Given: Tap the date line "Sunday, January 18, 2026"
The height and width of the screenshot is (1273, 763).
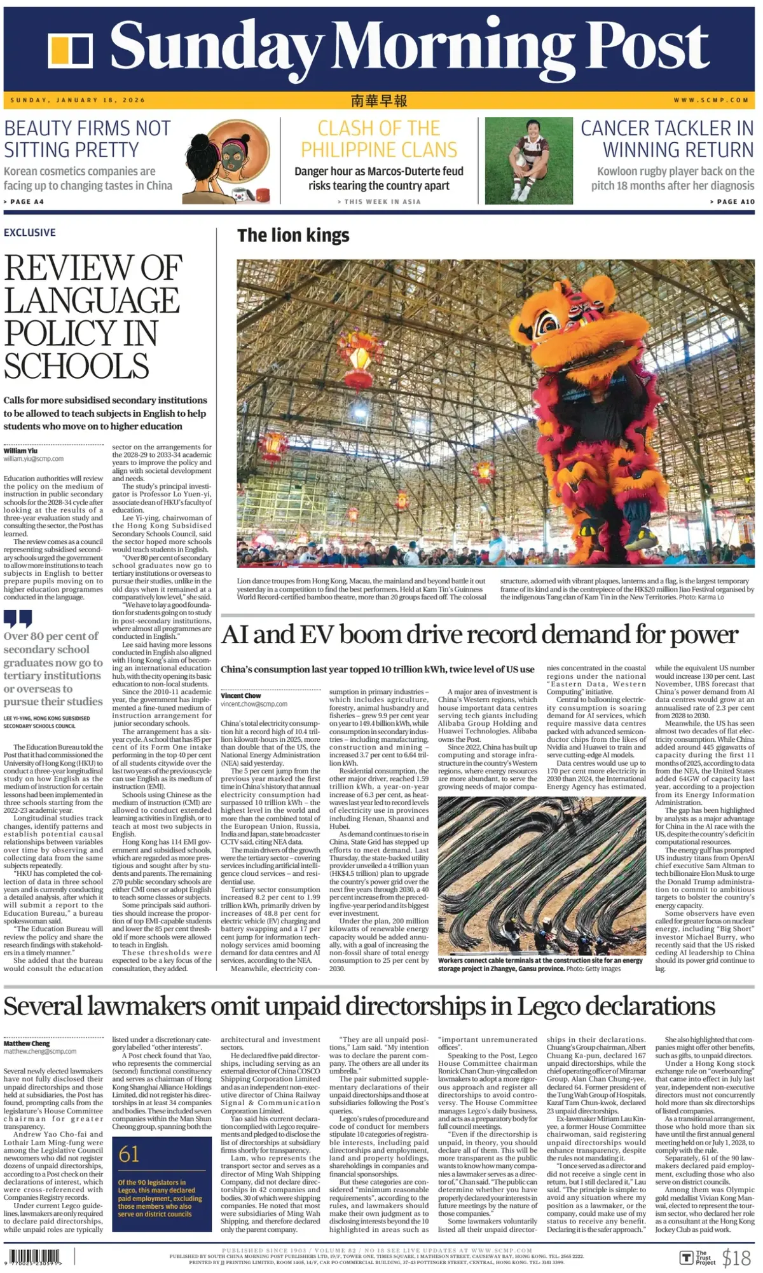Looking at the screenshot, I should click(x=78, y=100).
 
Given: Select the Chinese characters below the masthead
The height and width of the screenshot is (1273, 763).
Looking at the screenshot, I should click(x=379, y=100).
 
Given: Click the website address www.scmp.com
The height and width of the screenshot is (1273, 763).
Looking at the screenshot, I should click(x=711, y=100).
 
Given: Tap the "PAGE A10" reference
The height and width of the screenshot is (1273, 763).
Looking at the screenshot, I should click(x=732, y=201).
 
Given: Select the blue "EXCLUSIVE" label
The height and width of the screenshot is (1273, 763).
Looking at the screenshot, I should click(x=30, y=233).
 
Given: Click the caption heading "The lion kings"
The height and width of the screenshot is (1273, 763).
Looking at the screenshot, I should click(x=293, y=236).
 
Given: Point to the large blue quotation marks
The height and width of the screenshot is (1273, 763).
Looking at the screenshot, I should click(x=18, y=618).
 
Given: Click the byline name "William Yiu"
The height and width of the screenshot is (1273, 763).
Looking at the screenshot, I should click(x=20, y=451).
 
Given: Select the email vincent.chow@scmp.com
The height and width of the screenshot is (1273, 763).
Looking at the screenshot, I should click(x=254, y=704).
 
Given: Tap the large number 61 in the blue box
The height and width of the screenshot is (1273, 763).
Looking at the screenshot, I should click(x=129, y=1154).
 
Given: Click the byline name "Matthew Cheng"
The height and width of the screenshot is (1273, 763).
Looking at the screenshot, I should click(x=27, y=1043).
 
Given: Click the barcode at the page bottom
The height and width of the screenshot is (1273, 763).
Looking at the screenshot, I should click(x=35, y=1257).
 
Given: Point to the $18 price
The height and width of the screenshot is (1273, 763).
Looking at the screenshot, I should click(x=736, y=1258).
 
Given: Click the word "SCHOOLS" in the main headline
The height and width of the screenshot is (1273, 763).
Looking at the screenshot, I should click(x=76, y=367).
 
